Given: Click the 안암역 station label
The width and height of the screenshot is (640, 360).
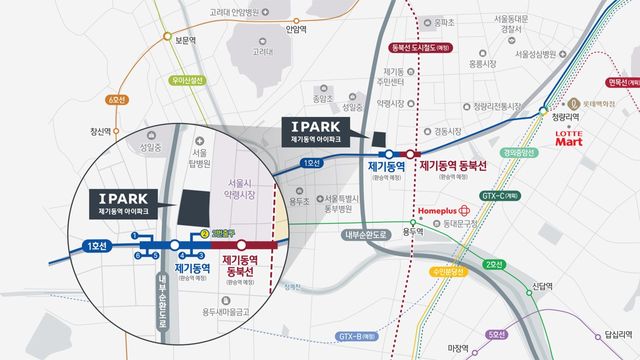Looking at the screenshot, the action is (x=295, y=30).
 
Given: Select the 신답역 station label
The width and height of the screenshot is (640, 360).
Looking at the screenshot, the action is (x=541, y=286).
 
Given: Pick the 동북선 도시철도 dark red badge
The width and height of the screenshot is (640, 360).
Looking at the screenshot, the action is (x=423, y=47).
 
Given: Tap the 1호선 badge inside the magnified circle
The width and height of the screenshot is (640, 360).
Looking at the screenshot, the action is (x=96, y=245).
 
